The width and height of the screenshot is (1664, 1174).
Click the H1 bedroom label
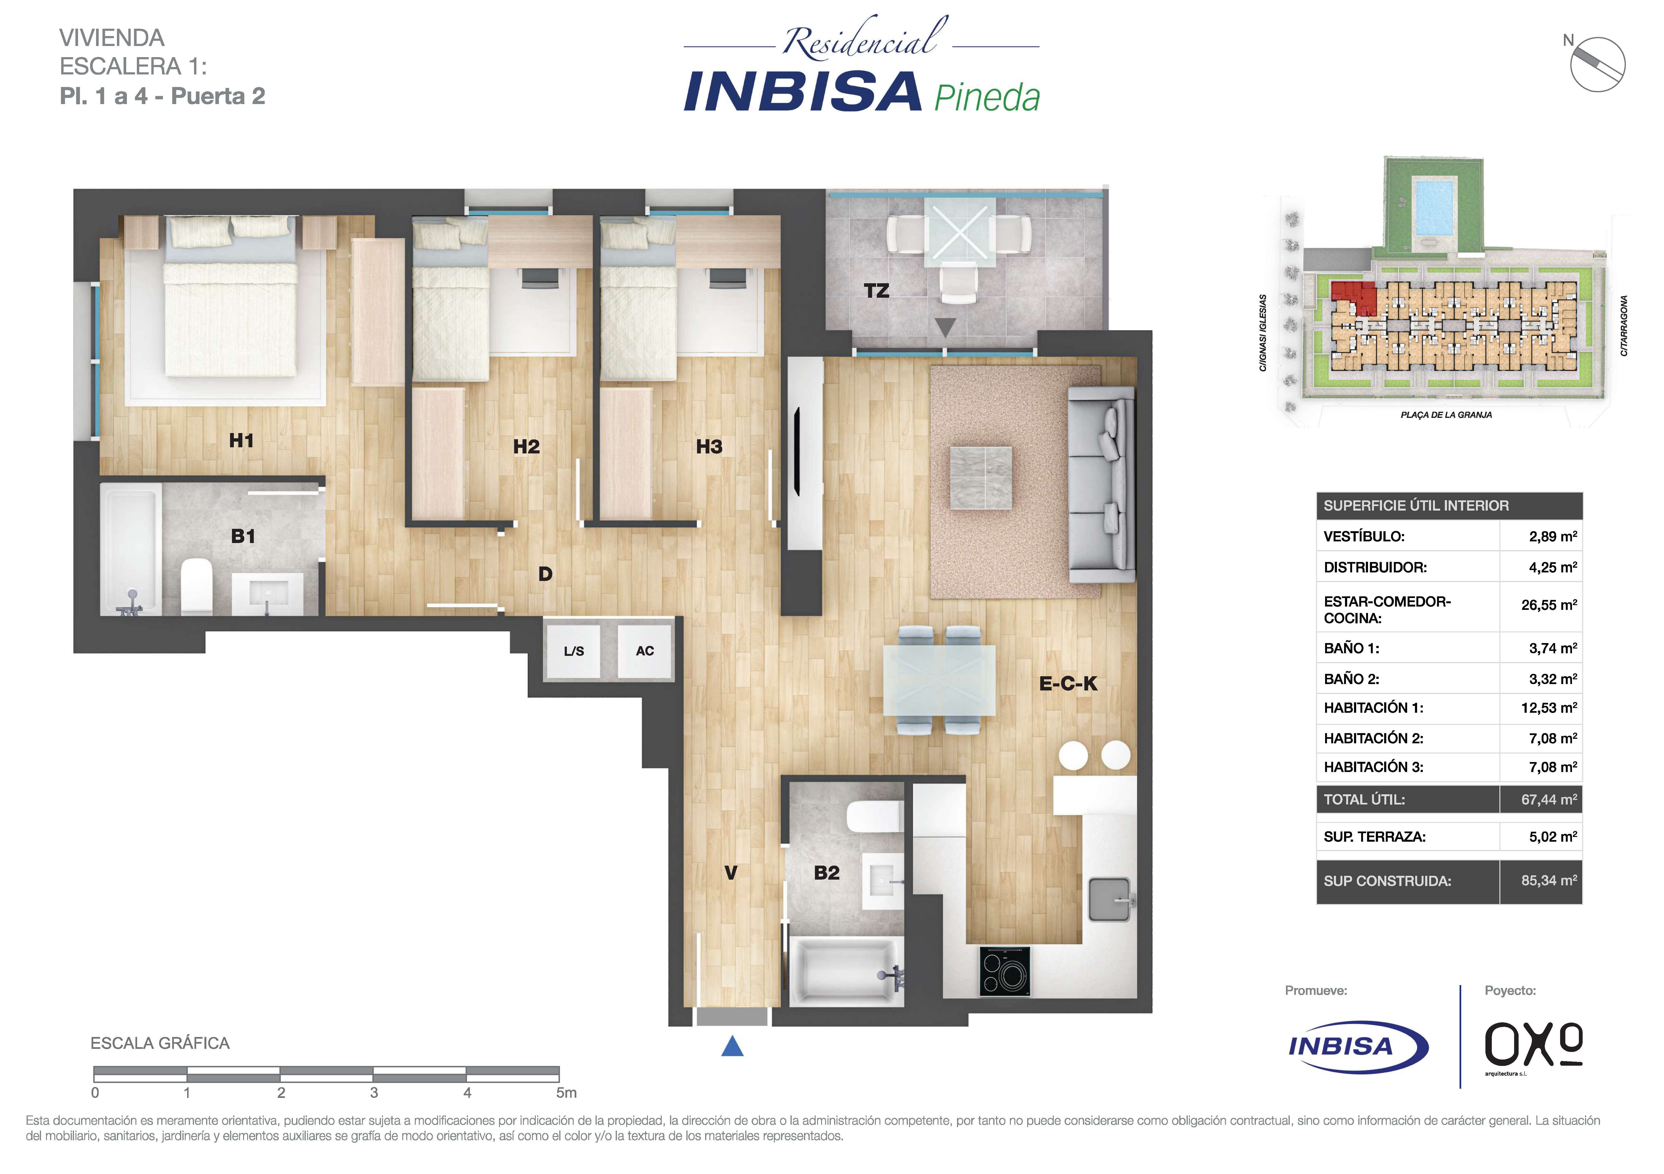coord(241,440)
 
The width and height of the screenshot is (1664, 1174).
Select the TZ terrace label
coord(876,291)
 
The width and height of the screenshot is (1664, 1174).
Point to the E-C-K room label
coord(1068,684)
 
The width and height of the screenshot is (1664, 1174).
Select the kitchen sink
coord(1109,900)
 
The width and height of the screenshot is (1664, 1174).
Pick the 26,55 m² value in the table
coord(1549,605)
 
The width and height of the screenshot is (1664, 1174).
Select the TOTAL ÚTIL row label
coord(1364,799)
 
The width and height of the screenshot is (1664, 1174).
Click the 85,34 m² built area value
coord(1549,881)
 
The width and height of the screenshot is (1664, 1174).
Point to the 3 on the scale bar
coord(374,1092)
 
